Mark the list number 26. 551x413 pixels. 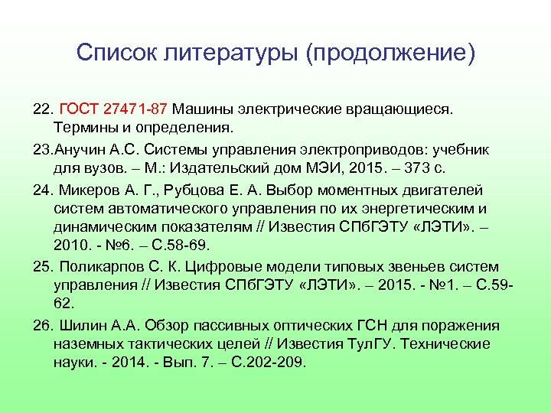(43, 325)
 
